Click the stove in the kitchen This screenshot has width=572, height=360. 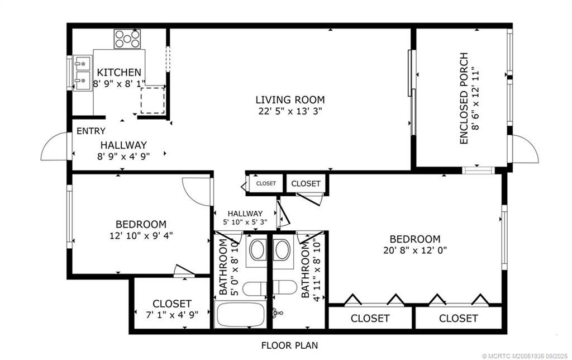tap(127, 39)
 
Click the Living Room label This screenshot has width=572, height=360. tap(290, 100)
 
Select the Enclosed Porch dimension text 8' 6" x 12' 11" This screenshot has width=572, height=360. tap(475, 98)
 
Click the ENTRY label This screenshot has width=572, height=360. tap(90, 131)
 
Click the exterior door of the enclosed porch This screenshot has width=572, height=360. tap(525, 149)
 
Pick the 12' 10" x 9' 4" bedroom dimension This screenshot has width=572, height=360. tap(141, 235)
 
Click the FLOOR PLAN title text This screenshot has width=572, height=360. tap(290, 345)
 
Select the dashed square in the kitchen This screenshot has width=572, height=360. tap(152, 100)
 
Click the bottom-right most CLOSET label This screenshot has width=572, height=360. tap(458, 319)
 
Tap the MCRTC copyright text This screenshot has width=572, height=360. tap(522, 354)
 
